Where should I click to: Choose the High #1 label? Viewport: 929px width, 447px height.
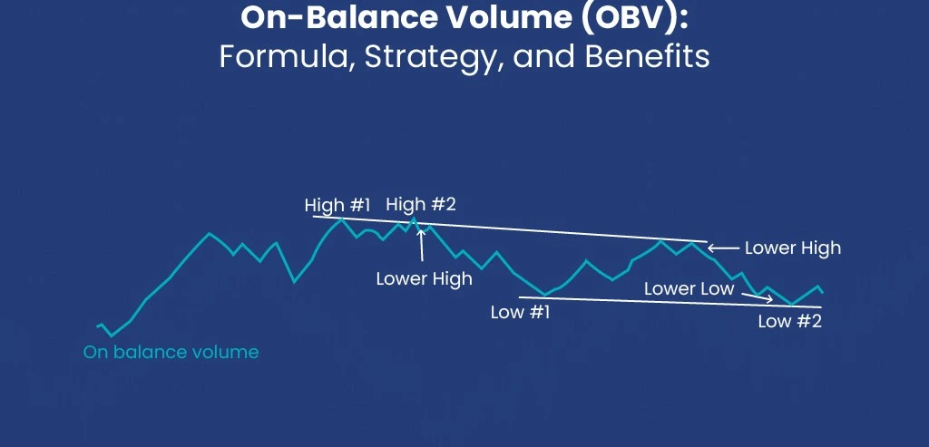(x=337, y=206)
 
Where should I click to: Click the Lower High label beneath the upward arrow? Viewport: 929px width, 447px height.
(x=424, y=278)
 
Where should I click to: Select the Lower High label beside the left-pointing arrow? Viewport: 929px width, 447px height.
(x=792, y=248)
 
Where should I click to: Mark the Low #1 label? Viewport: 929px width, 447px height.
(x=520, y=313)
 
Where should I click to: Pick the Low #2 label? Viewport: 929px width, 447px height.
(x=789, y=320)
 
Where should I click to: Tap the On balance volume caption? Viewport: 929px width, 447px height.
(x=171, y=352)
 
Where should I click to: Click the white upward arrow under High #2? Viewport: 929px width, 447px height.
(x=420, y=246)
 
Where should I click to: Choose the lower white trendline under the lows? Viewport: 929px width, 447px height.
(x=671, y=303)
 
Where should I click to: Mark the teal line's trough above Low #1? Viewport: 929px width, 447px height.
(x=545, y=295)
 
